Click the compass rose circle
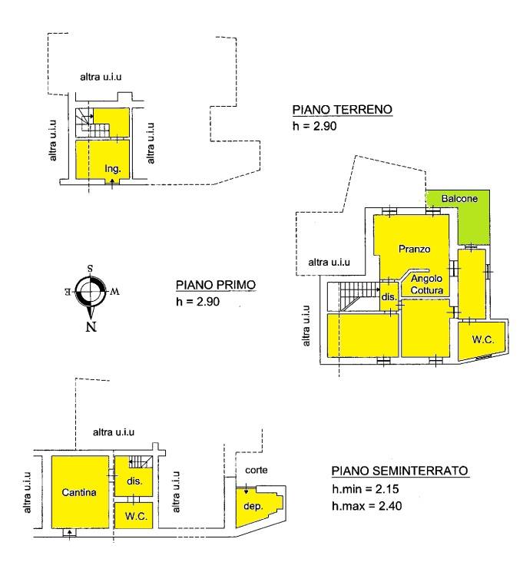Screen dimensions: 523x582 [x=90, y=278]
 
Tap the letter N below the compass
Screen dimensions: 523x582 [x=91, y=326]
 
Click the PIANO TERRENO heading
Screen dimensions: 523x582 [x=343, y=110]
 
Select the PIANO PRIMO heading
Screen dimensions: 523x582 [x=216, y=285]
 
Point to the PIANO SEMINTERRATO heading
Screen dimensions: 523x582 [x=400, y=471]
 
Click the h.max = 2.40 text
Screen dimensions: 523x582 [x=367, y=505]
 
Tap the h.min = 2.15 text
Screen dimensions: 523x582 [x=366, y=489]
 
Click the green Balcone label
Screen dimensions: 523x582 [x=459, y=199]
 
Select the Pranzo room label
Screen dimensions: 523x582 [x=414, y=249]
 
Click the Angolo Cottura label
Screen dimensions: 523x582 [x=427, y=284]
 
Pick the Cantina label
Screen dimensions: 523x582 [x=79, y=492]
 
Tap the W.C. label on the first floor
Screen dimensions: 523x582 [x=483, y=339]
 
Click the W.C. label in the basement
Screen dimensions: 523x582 [x=136, y=516]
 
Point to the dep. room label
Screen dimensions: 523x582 [x=253, y=506]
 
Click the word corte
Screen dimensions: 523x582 [x=256, y=470]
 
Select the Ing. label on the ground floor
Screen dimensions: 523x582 [x=112, y=169]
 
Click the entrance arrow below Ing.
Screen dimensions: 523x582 [x=112, y=183]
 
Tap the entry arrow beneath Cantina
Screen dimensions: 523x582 [x=69, y=534]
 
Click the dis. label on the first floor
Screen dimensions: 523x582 [x=389, y=297]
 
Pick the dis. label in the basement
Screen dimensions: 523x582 [x=134, y=481]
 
